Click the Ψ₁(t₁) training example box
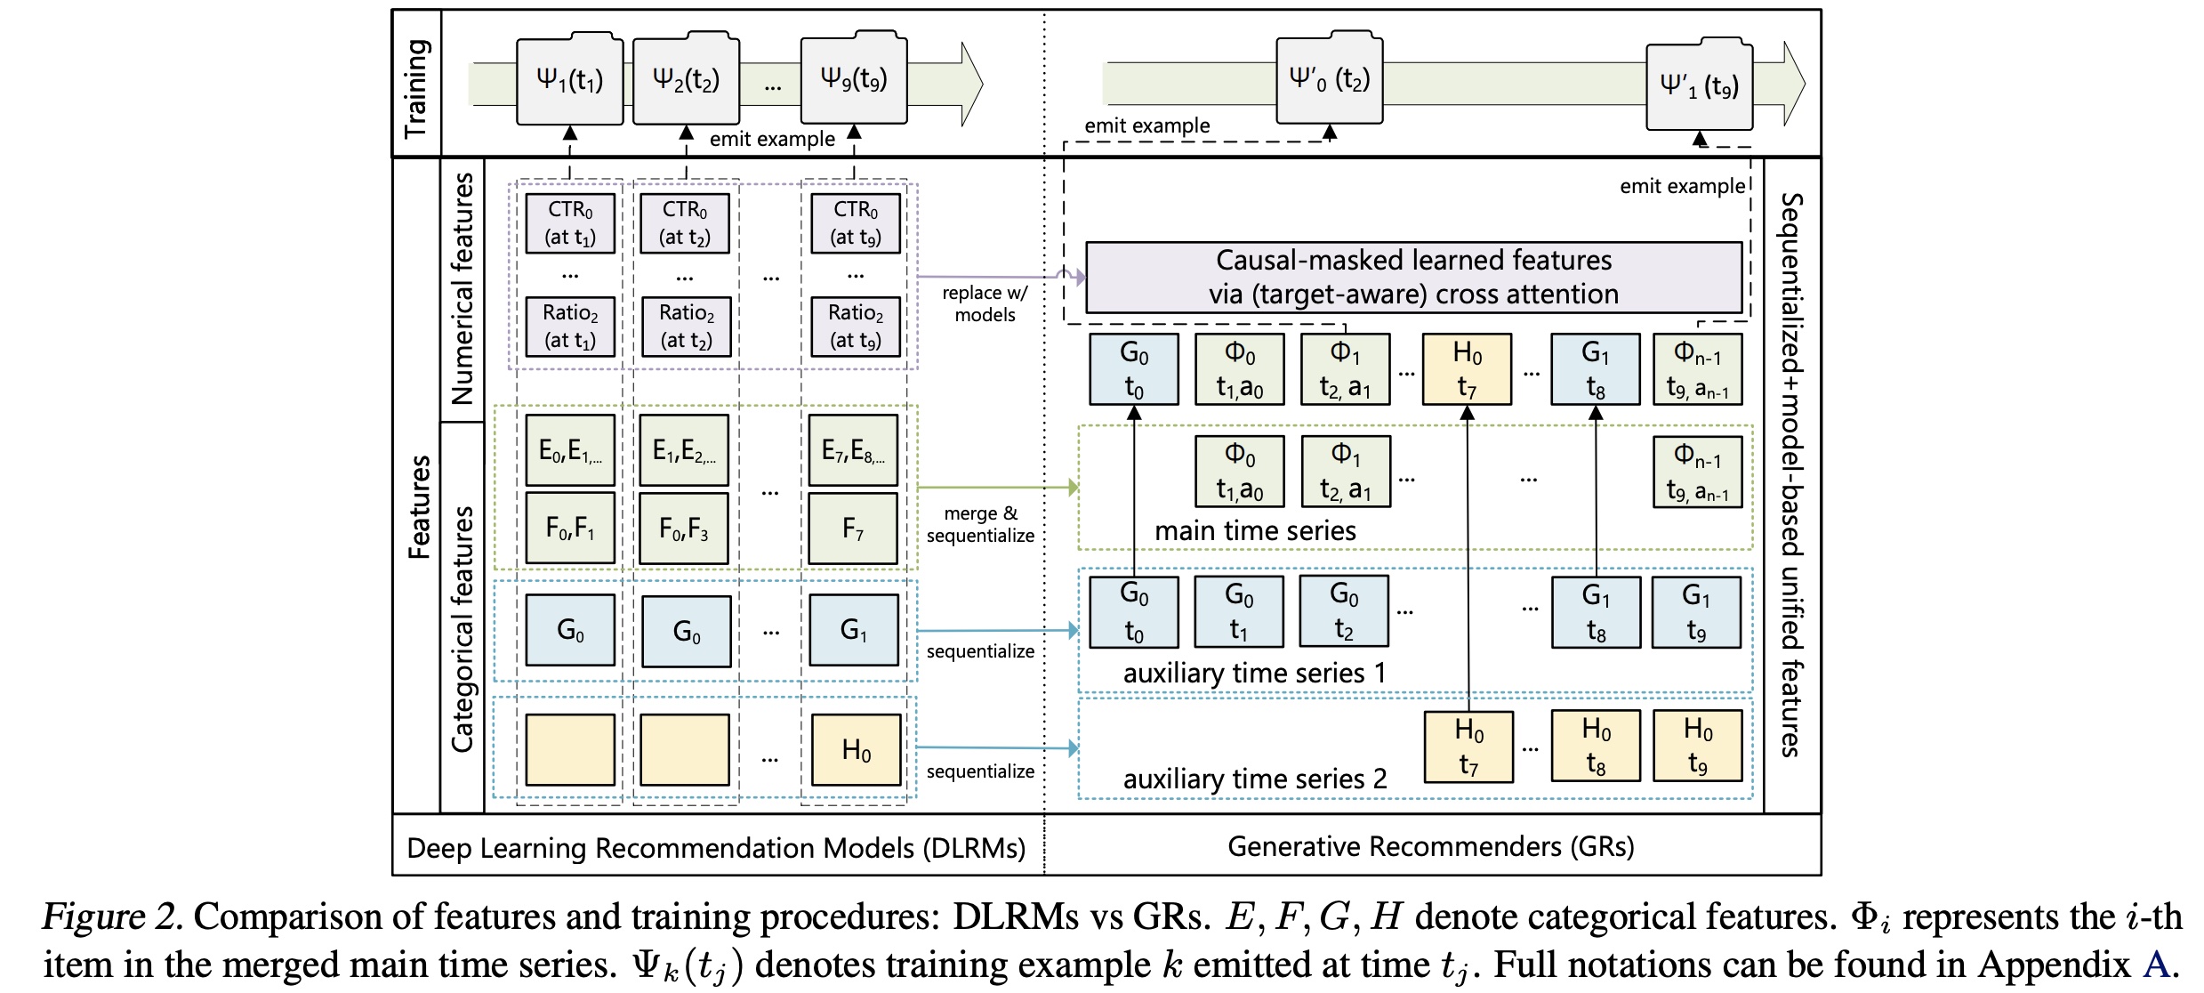569,81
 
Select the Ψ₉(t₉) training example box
853,79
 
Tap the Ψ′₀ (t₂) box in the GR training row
1329,80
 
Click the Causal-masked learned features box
1412,278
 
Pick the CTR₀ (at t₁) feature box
570,223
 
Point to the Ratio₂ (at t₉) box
856,326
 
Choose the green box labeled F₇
853,529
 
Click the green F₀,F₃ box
684,529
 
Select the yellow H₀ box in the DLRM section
856,750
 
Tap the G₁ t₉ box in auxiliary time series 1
1696,612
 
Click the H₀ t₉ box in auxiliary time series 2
1697,746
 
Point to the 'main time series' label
1255,531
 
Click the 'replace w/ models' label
985,303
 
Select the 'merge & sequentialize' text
980,524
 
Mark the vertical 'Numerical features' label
463,289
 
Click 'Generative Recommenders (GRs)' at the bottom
1430,846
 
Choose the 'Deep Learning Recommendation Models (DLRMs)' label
716,848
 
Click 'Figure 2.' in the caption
112,916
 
